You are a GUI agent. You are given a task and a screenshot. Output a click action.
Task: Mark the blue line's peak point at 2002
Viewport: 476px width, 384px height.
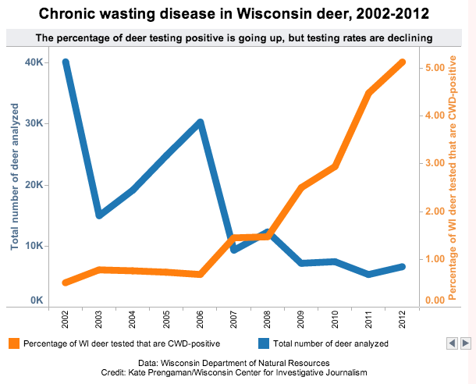tap(66, 62)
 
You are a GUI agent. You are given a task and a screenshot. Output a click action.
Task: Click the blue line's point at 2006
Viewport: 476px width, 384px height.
tap(201, 123)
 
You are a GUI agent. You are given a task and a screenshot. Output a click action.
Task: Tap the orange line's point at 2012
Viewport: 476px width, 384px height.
tap(402, 62)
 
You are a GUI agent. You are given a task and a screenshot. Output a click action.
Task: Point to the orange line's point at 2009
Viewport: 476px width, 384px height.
tap(301, 187)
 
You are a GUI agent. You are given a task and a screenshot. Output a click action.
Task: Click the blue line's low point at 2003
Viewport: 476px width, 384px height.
tap(99, 215)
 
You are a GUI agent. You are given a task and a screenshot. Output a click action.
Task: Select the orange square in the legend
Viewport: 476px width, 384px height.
tap(13, 343)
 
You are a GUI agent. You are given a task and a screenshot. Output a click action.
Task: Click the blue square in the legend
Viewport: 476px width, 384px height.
tap(262, 343)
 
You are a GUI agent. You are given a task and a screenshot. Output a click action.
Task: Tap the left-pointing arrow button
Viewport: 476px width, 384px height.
tap(451, 343)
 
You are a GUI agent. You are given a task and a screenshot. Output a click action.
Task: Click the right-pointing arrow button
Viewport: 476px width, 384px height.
tap(465, 343)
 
